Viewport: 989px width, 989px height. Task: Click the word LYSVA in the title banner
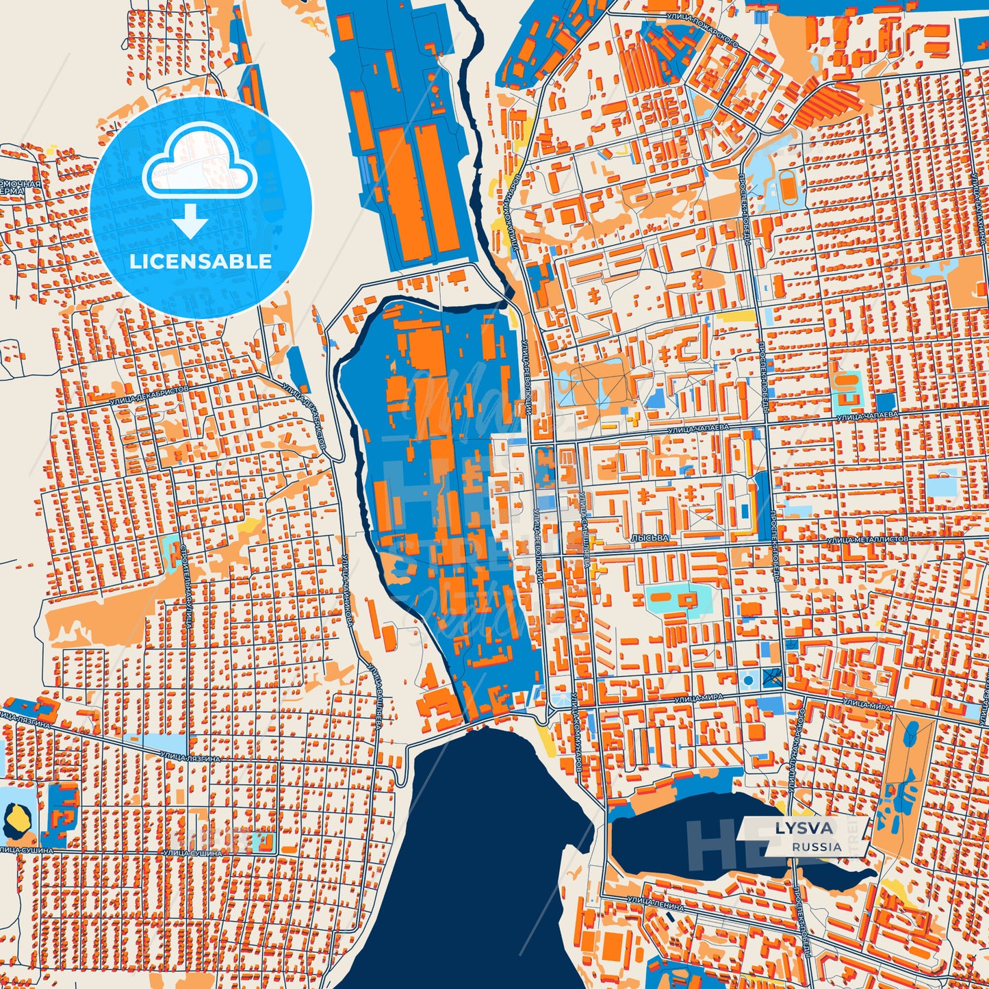click(x=804, y=828)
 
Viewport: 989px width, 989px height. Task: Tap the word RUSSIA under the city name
click(x=817, y=847)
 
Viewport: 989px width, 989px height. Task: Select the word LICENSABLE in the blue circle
click(x=201, y=261)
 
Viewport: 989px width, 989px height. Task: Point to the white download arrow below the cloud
click(x=191, y=220)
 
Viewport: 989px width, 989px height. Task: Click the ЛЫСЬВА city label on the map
click(x=650, y=538)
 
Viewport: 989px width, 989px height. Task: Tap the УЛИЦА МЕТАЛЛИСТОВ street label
click(x=867, y=539)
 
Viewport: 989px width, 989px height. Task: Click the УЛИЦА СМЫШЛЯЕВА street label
click(x=587, y=530)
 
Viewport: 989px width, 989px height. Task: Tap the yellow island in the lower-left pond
click(x=13, y=816)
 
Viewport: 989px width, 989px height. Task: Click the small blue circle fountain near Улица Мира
click(x=748, y=680)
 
